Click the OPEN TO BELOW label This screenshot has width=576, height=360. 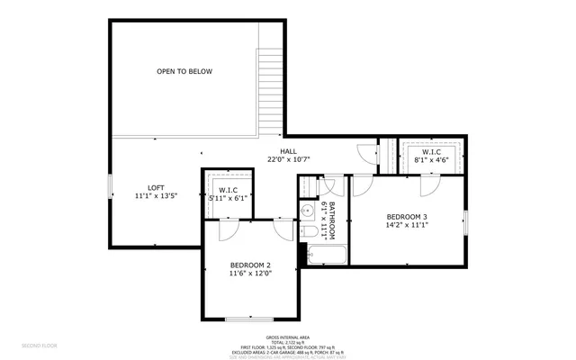tap(184, 71)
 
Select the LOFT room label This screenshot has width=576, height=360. tap(157, 185)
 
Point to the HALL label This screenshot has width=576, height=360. tap(288, 150)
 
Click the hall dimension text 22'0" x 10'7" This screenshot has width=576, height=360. tap(288, 159)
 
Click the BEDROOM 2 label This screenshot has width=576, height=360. tap(250, 264)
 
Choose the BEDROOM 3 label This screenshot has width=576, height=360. tap(407, 217)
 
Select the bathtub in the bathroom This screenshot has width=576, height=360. tap(323, 256)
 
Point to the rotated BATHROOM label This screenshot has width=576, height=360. tap(331, 220)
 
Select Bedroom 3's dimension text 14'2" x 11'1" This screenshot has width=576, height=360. tap(407, 226)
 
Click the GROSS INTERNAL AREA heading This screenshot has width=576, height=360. tap(288, 337)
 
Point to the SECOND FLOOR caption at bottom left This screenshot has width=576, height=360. tap(40, 345)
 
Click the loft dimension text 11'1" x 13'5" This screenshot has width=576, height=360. tap(157, 194)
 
